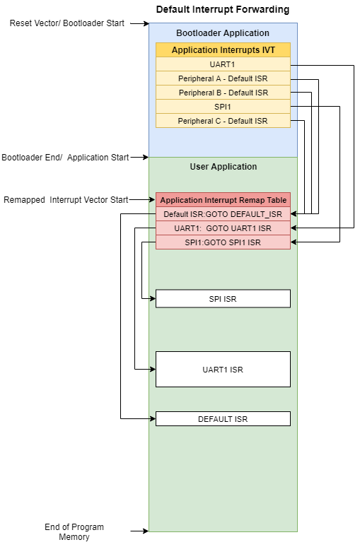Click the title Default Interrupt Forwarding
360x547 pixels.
[x=222, y=10]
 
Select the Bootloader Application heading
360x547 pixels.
[x=222, y=33]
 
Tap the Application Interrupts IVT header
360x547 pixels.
[x=223, y=50]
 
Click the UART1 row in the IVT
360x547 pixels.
[x=223, y=64]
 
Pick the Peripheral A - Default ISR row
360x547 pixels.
[x=223, y=78]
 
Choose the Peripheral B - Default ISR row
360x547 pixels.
[x=223, y=93]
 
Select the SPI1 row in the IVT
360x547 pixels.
[x=223, y=107]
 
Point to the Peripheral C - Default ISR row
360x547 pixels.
[x=223, y=121]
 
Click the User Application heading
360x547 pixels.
[x=223, y=167]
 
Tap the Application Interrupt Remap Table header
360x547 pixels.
[x=223, y=200]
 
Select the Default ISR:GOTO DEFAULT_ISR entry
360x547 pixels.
[x=223, y=214]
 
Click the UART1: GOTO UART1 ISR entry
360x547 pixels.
[x=223, y=228]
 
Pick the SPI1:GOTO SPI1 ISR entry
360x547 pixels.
[x=223, y=242]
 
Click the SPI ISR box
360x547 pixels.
[x=223, y=299]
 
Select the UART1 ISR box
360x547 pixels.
[x=223, y=369]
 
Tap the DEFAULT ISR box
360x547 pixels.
[x=223, y=419]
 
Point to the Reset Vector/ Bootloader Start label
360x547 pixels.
[x=67, y=23]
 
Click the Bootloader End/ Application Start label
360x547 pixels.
[x=65, y=157]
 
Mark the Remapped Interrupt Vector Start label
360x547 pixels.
[x=66, y=200]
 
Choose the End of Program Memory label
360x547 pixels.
[x=74, y=532]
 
